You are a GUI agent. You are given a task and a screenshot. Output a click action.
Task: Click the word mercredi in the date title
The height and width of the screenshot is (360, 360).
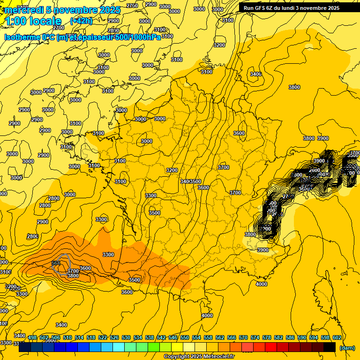click(24, 10)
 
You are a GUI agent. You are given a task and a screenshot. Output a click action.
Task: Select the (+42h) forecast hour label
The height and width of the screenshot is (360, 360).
click(81, 21)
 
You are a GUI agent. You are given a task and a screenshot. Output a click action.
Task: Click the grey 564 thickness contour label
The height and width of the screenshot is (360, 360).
click(56, 263)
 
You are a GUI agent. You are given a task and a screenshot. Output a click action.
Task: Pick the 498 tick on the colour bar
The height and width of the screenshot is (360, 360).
click(32, 338)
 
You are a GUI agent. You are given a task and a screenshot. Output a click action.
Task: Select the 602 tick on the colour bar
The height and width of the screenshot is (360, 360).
click(337, 338)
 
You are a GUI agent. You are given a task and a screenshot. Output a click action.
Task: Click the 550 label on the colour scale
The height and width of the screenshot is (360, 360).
click(185, 338)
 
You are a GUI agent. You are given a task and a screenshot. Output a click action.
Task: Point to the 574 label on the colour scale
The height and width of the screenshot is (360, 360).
click(255, 338)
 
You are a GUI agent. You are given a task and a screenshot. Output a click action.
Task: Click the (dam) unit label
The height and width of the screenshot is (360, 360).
click(347, 348)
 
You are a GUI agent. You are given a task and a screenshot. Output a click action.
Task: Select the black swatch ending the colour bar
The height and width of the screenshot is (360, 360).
click(330, 347)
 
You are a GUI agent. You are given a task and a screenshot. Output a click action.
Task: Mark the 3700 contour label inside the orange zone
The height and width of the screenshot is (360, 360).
click(73, 271)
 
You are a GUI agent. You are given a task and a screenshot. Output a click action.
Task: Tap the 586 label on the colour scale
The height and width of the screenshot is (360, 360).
click(290, 338)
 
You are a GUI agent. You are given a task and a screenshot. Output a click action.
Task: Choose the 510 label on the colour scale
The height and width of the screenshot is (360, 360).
click(67, 338)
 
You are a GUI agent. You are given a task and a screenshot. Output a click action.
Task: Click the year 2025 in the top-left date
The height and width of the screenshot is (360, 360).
click(110, 10)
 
